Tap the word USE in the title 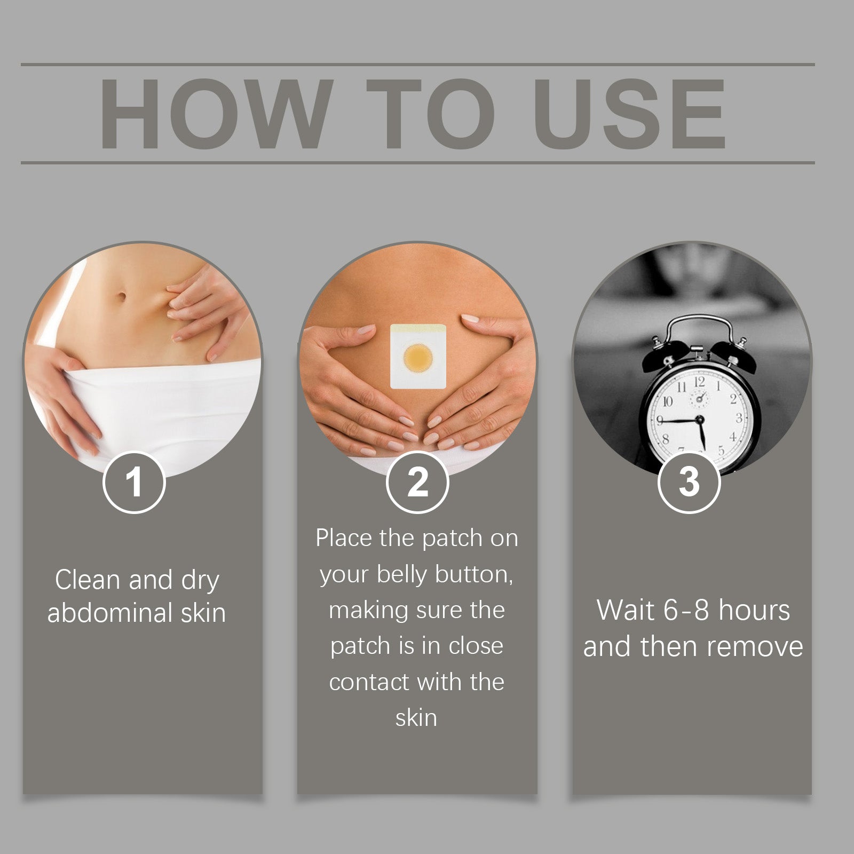click(629, 114)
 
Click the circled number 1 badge click(134, 482)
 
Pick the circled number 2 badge click(417, 482)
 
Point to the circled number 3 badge click(689, 482)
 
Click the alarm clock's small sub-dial click(699, 398)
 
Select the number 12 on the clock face click(699, 381)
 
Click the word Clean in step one click(88, 580)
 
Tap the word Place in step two click(344, 538)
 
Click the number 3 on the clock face click(739, 417)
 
